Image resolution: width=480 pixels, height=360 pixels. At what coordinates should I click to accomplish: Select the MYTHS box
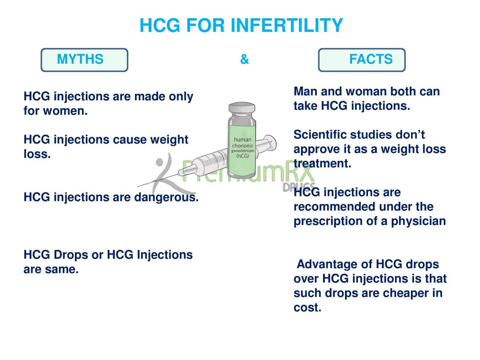84,60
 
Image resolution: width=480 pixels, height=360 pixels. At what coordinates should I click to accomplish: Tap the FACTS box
361,60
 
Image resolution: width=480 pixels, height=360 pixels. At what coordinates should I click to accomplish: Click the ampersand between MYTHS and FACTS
244,60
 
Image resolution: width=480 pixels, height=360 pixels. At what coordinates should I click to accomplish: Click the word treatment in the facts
322,164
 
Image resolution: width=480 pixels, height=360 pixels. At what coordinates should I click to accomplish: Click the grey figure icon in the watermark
169,173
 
